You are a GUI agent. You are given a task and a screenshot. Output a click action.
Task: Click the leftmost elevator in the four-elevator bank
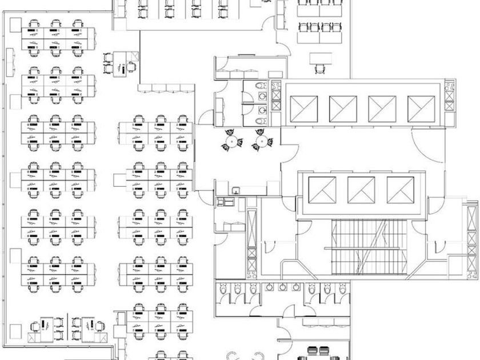pyautogui.click(x=304, y=108)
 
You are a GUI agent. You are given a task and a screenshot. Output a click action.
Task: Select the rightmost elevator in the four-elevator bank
pyautogui.click(x=421, y=108)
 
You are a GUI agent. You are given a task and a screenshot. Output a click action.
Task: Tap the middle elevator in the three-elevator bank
pyautogui.click(x=361, y=190)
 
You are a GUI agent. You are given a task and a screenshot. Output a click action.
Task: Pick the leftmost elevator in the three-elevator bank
pyautogui.click(x=322, y=190)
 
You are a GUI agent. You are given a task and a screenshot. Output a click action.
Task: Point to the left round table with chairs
pyautogui.click(x=231, y=141)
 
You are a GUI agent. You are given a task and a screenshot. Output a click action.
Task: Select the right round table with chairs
pyautogui.click(x=261, y=141)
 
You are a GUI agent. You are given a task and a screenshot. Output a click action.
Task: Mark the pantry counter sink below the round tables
pyautogui.click(x=235, y=189)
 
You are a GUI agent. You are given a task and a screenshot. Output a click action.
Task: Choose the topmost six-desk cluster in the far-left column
pyautogui.click(x=54, y=39)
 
